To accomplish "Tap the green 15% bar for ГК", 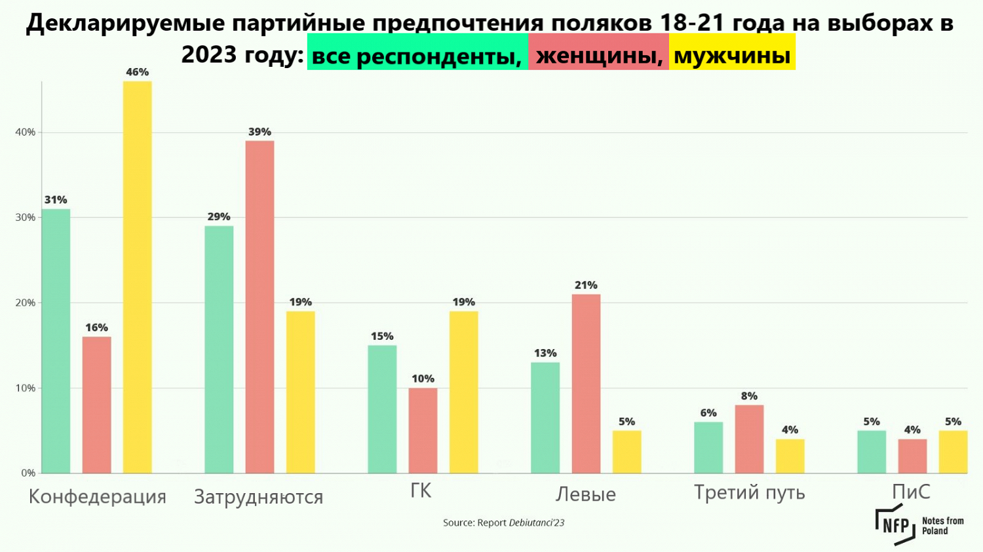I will (x=382, y=409).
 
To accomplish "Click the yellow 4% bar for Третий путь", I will (x=790, y=456).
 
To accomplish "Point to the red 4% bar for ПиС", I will (x=912, y=456).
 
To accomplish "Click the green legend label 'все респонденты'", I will (x=417, y=56).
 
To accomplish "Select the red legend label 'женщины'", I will (x=599, y=56).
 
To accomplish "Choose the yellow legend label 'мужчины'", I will (x=732, y=55).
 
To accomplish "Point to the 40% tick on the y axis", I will (x=26, y=132).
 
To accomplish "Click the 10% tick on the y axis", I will (x=26, y=388).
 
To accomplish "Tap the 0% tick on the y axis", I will (x=28, y=473).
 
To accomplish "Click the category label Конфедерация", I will (x=98, y=496).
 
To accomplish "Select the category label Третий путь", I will (x=749, y=492).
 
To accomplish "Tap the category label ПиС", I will (x=911, y=492).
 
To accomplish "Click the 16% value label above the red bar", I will (x=96, y=327).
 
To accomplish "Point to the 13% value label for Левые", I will (x=545, y=353).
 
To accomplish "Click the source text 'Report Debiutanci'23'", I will (x=503, y=523).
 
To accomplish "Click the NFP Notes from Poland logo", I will (x=919, y=525).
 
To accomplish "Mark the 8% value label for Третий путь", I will (x=749, y=396).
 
